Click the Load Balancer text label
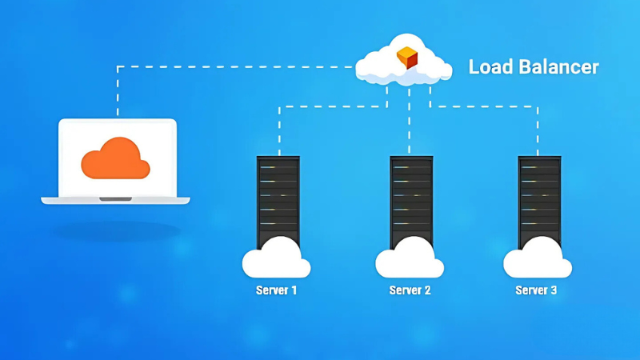(x=533, y=66)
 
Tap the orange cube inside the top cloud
(x=407, y=58)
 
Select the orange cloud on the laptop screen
(x=116, y=158)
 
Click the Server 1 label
(x=276, y=290)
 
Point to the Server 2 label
(x=410, y=290)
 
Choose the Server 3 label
(x=536, y=290)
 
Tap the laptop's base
(x=116, y=199)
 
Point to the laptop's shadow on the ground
(x=116, y=231)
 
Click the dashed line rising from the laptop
(x=118, y=92)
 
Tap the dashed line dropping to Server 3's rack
(x=538, y=128)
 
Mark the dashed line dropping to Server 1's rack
(x=278, y=128)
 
